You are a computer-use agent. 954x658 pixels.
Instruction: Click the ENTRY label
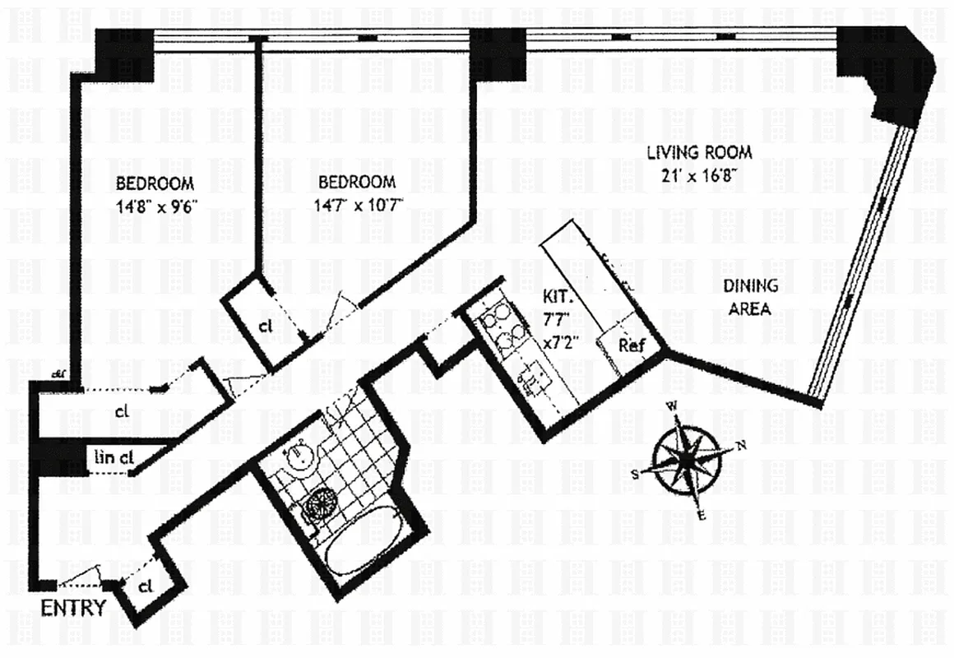73,609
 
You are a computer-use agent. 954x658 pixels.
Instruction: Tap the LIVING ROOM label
699,152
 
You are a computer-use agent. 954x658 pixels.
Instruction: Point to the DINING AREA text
750,297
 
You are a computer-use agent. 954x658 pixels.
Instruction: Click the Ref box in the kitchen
631,345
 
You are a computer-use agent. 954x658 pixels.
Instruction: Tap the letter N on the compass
741,445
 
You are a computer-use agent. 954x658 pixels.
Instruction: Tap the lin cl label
114,457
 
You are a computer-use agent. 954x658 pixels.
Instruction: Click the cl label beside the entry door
146,586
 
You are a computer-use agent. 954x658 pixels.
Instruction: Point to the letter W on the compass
672,405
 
